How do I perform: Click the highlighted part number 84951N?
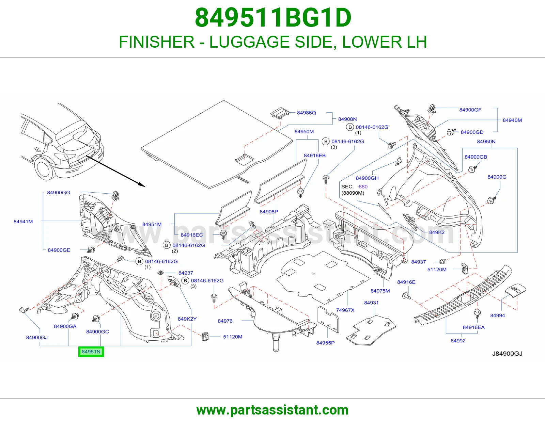click(x=91, y=352)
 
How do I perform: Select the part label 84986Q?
click(x=306, y=113)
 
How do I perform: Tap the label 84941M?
click(x=23, y=222)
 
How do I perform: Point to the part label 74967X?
click(x=345, y=310)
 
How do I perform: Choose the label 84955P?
click(x=325, y=343)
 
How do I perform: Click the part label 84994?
click(x=497, y=315)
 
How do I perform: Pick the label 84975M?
click(x=380, y=291)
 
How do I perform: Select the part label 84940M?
click(x=512, y=120)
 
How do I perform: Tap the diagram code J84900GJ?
click(x=507, y=354)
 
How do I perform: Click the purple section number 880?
click(x=363, y=186)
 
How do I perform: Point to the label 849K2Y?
click(x=187, y=319)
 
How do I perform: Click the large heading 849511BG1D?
click(x=273, y=18)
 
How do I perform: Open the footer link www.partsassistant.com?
click(x=272, y=410)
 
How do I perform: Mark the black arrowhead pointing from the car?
click(x=142, y=184)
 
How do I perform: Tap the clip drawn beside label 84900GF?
click(x=431, y=109)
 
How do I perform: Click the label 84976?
click(x=225, y=321)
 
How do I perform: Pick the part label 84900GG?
click(x=59, y=193)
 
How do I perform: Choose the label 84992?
click(x=458, y=341)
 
